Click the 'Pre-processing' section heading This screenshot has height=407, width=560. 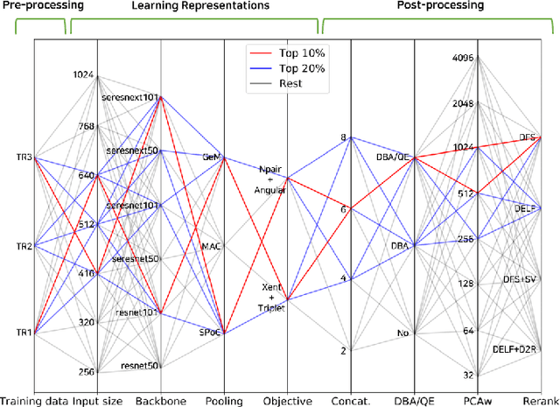tap(33, 6)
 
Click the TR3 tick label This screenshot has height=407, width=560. tap(24, 158)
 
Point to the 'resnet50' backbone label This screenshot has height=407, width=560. tap(141, 366)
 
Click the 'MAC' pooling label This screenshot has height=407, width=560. tap(212, 246)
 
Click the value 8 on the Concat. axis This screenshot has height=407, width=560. tap(344, 138)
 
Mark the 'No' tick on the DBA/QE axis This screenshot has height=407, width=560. tap(402, 333)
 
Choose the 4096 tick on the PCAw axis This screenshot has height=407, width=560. tap(463, 59)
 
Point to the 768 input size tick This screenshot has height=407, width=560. tap(85, 126)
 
